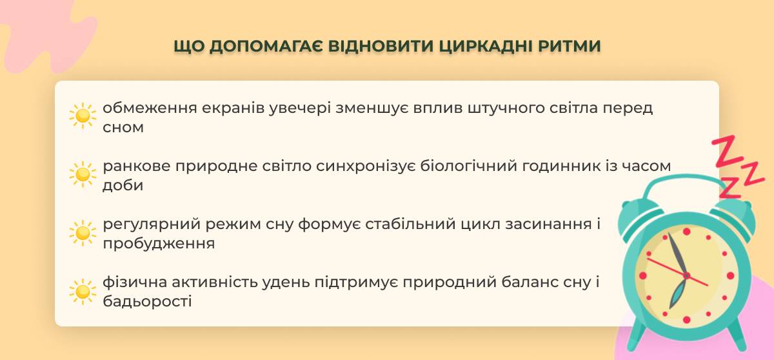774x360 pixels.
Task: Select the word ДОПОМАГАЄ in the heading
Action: click(266, 46)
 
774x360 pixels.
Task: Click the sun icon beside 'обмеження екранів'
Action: click(83, 115)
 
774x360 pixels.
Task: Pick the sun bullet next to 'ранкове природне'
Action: click(83, 174)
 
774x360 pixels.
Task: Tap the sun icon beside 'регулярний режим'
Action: click(83, 233)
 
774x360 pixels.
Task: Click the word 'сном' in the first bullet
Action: click(123, 128)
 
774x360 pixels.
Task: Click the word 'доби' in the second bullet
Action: click(123, 186)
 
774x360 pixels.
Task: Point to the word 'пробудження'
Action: click(159, 244)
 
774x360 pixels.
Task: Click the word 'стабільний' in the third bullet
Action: click(410, 224)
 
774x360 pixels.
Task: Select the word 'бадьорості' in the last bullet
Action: click(147, 301)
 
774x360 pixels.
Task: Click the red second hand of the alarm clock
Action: click(677, 272)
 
